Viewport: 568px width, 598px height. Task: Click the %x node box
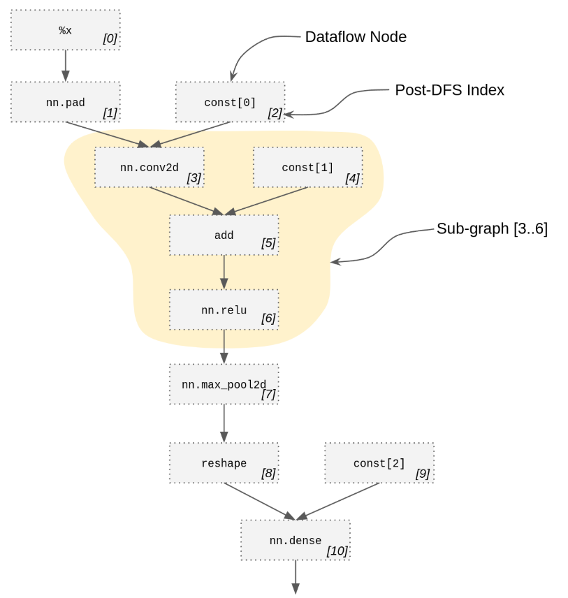coord(65,30)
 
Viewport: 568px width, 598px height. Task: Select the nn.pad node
coord(65,102)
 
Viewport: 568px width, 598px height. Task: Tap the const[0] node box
coord(230,102)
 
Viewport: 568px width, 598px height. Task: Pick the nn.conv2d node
coord(149,168)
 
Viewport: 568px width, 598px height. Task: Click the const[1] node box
coord(307,168)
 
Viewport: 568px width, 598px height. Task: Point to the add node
coord(224,235)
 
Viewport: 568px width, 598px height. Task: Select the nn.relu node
coord(224,310)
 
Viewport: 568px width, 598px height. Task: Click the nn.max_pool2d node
coord(224,384)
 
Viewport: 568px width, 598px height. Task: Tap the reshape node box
coord(224,463)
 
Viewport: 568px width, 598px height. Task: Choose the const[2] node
coord(379,463)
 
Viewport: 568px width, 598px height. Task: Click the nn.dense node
coord(295,540)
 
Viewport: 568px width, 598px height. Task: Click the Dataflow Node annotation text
coord(356,37)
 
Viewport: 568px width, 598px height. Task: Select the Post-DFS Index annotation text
coord(449,90)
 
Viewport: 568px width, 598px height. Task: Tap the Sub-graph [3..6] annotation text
coord(492,229)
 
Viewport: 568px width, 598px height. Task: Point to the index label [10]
coord(337,551)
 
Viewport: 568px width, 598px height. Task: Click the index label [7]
coord(268,395)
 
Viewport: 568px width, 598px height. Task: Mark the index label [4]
coord(352,178)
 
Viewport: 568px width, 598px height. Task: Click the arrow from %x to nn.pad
coord(66,66)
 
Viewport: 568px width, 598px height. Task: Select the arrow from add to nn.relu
coord(224,272)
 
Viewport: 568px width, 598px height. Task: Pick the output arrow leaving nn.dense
coord(295,577)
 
